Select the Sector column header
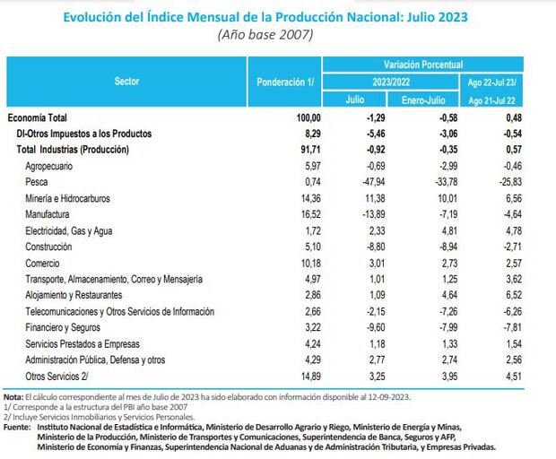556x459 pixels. point(126,82)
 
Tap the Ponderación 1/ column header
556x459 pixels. point(285,82)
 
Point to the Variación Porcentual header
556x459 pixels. point(423,65)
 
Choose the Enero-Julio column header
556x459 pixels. point(423,100)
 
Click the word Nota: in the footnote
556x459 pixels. point(13,395)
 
